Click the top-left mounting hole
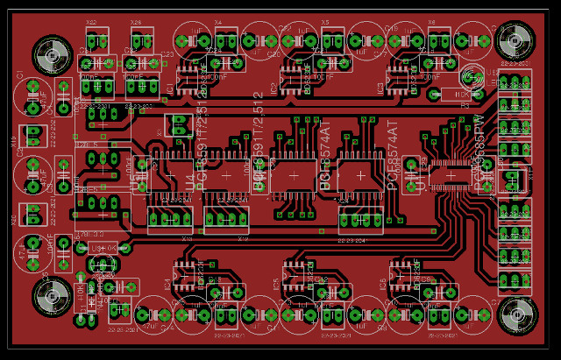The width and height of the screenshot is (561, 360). [x=52, y=55]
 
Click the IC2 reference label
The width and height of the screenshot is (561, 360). [x=273, y=88]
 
